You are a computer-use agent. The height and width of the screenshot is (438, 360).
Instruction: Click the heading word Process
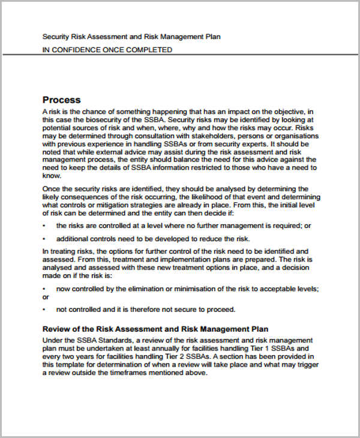61,100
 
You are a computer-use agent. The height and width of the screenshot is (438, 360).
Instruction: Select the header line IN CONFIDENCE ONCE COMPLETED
107,50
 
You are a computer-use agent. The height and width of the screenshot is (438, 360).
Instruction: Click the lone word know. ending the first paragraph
52,176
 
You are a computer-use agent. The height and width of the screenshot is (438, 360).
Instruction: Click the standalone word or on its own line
46,296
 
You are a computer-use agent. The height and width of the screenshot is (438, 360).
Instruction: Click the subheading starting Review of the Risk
155,329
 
